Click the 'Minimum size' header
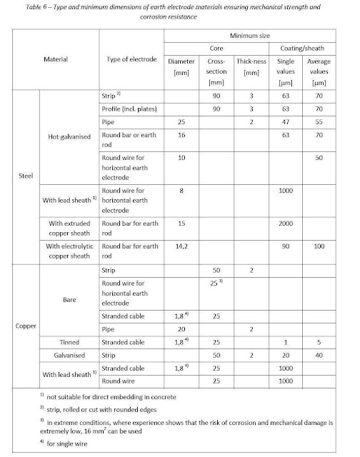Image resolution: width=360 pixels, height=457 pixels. click(x=254, y=36)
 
